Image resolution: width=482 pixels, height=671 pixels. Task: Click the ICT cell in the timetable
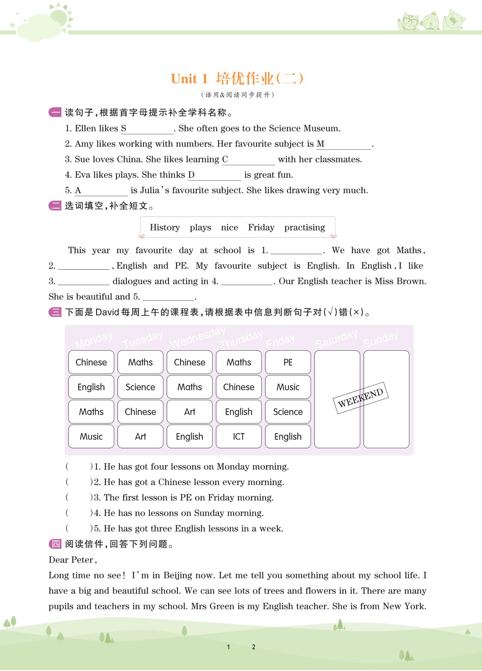[239, 436]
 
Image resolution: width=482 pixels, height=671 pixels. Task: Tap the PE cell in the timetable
[288, 362]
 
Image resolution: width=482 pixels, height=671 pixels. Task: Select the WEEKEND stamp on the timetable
[360, 398]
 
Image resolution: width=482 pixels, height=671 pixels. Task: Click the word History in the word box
[165, 227]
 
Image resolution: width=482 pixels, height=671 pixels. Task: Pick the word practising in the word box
[304, 227]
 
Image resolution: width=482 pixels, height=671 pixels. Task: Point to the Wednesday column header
[197, 337]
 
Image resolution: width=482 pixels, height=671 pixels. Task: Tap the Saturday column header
[336, 339]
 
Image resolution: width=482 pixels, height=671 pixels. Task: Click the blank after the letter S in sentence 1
[150, 129]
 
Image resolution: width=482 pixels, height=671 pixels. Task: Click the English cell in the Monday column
[91, 387]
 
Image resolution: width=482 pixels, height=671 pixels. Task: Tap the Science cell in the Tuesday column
[140, 387]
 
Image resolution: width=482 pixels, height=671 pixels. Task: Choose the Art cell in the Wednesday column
[190, 411]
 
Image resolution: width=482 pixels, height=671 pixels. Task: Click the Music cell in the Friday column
[288, 387]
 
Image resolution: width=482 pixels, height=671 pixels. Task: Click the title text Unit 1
[189, 79]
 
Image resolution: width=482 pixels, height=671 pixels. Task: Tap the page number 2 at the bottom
[254, 647]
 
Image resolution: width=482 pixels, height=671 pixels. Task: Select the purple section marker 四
[55, 544]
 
